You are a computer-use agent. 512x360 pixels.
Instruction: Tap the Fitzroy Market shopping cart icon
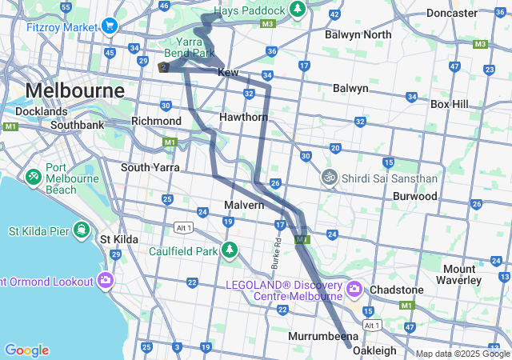click(x=109, y=26)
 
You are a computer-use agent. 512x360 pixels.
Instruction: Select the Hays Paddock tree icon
click(x=297, y=10)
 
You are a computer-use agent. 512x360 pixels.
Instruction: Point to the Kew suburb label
click(x=229, y=72)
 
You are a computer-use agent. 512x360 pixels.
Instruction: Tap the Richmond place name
click(x=156, y=121)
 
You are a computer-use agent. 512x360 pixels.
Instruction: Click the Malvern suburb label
click(x=244, y=205)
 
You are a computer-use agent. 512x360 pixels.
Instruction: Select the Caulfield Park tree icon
click(x=230, y=250)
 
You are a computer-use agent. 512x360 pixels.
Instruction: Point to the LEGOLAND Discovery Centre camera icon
click(x=354, y=287)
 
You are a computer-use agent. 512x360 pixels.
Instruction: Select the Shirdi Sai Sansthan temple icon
click(x=328, y=178)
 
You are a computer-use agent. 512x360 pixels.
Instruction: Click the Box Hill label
click(x=454, y=104)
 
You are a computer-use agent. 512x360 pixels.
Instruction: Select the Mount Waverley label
click(x=459, y=274)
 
